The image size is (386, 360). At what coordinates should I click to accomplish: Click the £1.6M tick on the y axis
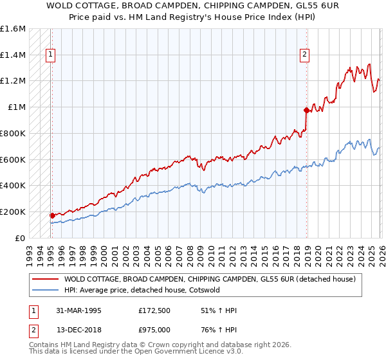[13, 29]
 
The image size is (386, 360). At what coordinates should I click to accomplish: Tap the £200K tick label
[13, 212]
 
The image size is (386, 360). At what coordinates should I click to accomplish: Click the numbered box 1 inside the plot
[50, 55]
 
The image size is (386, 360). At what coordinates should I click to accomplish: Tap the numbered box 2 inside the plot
[304, 55]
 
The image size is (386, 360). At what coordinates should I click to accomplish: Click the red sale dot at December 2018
[306, 111]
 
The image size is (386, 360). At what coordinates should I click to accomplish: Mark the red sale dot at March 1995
[52, 215]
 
